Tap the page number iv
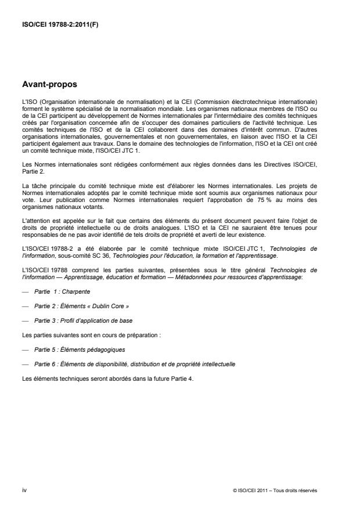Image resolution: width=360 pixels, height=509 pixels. (x=23, y=490)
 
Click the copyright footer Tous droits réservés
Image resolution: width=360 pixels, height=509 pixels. (x=300, y=491)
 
